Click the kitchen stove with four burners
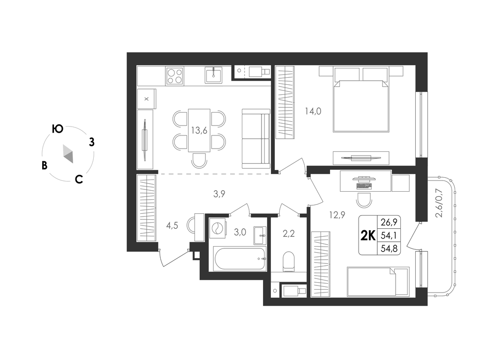pos(175,76)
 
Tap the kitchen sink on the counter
pos(214,75)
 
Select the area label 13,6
pos(199,131)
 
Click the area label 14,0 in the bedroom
pos(313,111)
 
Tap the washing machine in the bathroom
pos(217,228)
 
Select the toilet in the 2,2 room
pos(289,262)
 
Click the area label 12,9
pos(337,215)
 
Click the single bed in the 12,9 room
pos(378,282)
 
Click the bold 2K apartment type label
pos(368,235)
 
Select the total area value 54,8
pos(389,248)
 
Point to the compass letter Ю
pos(57,129)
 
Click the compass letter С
pos(79,179)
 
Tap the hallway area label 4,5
pos(172,225)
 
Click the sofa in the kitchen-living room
pos(256,138)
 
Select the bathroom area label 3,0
pos(240,232)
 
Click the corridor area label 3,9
pos(219,194)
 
